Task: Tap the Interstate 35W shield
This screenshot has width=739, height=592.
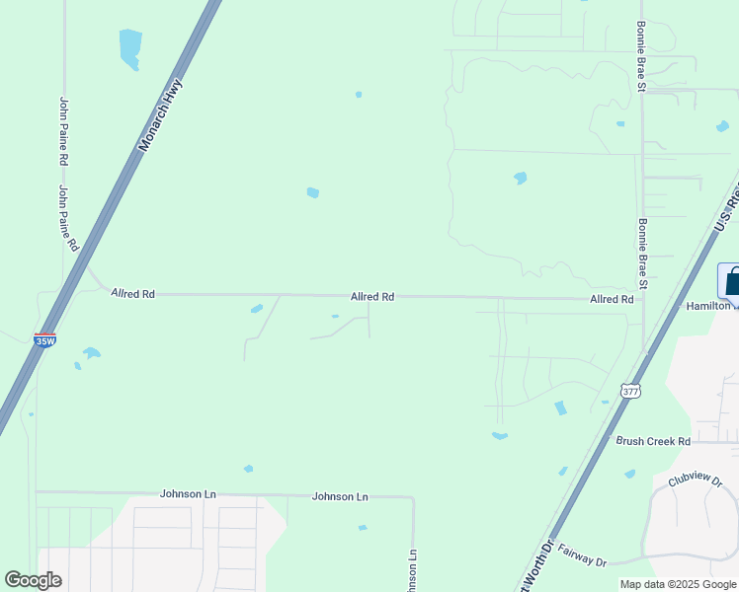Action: pyautogui.click(x=44, y=340)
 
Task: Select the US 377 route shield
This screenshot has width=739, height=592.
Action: pyautogui.click(x=629, y=392)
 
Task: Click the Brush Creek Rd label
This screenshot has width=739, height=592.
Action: pyautogui.click(x=652, y=441)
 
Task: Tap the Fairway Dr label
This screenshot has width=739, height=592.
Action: pyautogui.click(x=581, y=555)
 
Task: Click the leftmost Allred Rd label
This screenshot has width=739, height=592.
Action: pyautogui.click(x=133, y=294)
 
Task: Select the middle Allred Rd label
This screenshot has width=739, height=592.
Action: pyautogui.click(x=372, y=296)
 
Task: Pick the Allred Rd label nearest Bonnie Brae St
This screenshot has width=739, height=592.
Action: pyautogui.click(x=612, y=299)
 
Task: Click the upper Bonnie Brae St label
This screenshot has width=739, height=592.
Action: pyautogui.click(x=641, y=56)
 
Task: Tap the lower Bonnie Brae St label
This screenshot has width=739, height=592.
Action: pyautogui.click(x=642, y=254)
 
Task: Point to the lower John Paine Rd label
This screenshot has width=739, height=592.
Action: pyautogui.click(x=69, y=219)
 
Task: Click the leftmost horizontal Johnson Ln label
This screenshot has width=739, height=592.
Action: pyautogui.click(x=188, y=493)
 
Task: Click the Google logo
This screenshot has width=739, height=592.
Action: pyautogui.click(x=34, y=580)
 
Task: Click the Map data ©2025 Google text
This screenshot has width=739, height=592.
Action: pyautogui.click(x=678, y=584)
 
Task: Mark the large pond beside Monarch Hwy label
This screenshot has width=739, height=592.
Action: pyautogui.click(x=129, y=47)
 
